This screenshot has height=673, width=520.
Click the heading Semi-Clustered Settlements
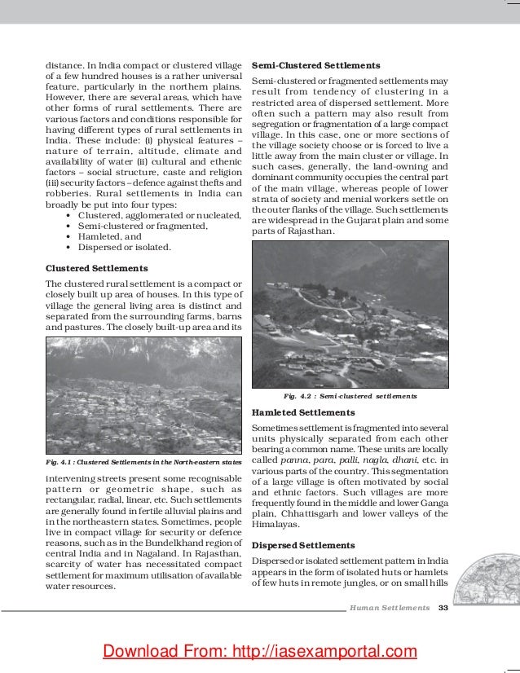pos(315,64)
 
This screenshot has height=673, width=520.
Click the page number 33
pos(443,608)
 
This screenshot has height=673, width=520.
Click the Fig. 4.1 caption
pos(143,463)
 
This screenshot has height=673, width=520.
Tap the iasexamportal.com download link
pos(259,650)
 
